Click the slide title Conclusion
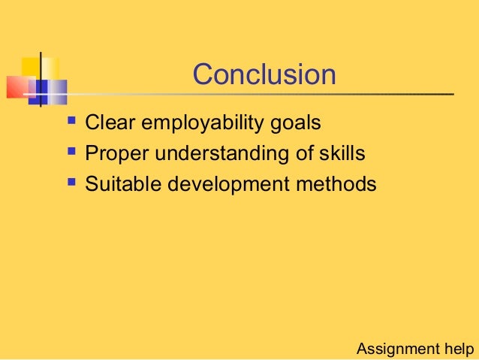pos(264,74)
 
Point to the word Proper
pos(114,154)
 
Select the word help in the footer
pos(458,349)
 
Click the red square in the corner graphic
pos(17,87)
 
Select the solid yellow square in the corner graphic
pos(30,66)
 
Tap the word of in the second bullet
pos(299,153)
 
